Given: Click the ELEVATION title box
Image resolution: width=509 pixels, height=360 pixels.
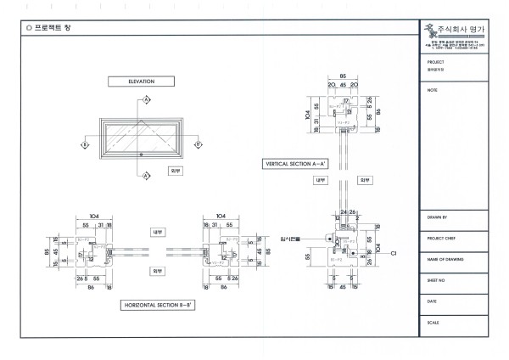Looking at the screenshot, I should tap(141, 82).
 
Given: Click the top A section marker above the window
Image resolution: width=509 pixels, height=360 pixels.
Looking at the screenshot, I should tap(146, 100).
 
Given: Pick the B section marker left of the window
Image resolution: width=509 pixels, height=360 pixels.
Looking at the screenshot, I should tap(84, 145).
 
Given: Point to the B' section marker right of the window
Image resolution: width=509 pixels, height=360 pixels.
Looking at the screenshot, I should tap(199, 145).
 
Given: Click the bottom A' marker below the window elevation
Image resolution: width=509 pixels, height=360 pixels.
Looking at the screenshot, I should tap(146, 176).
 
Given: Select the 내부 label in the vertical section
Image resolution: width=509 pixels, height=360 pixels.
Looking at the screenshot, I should tap(321, 180).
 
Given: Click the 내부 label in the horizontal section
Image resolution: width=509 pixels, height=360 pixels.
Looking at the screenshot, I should tap(158, 231).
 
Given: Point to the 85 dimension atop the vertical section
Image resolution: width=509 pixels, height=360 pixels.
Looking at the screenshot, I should tap(343, 76).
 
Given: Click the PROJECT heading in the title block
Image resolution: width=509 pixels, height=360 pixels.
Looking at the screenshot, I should tap(437, 62).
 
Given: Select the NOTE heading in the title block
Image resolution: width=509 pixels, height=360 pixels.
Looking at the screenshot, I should tap(433, 89).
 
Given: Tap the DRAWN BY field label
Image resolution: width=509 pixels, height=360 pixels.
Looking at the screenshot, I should tap(438, 217).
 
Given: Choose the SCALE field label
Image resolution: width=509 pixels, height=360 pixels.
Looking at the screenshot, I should tap(433, 322).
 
